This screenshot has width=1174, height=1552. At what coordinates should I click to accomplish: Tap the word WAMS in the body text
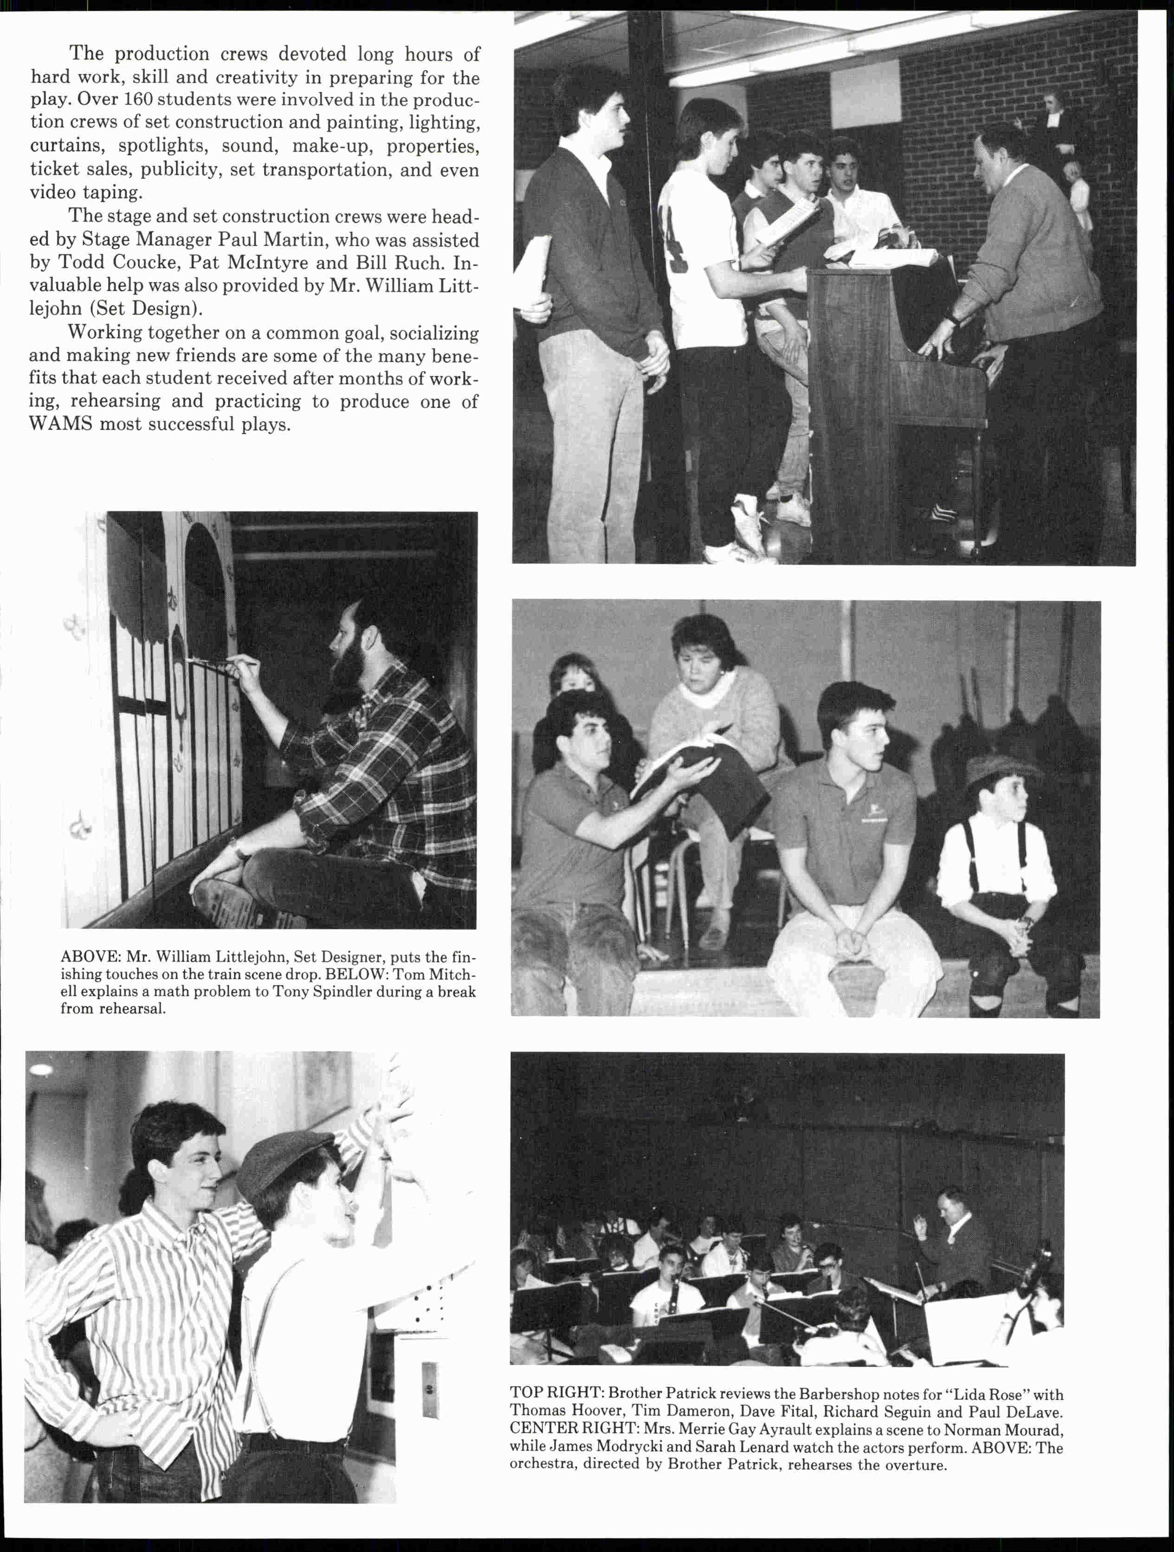click(x=60, y=424)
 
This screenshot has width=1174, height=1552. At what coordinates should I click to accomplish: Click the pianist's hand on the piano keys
click(x=933, y=346)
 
